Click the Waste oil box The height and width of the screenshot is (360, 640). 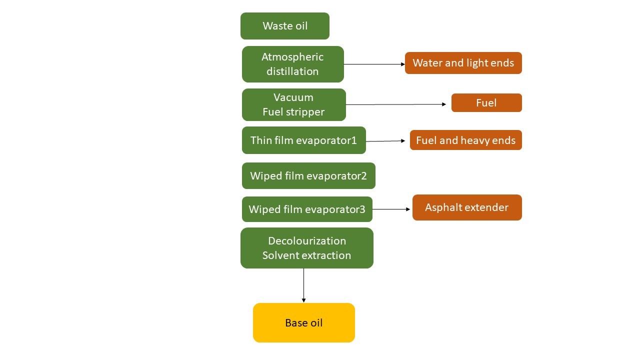pos(285,26)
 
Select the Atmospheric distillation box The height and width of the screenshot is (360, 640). pos(293,64)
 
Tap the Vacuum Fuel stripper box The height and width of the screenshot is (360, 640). pos(294,104)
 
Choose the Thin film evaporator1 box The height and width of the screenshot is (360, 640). pos(303,140)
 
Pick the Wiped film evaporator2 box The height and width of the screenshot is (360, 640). pos(308,175)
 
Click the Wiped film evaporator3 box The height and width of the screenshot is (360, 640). pos(307,209)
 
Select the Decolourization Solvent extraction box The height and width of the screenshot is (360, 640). pos(307,248)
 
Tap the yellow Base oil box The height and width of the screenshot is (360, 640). pos(304,322)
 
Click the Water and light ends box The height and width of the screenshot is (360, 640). pos(463,63)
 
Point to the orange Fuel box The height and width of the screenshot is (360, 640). pos(486,102)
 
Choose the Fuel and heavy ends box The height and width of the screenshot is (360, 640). pos(465,140)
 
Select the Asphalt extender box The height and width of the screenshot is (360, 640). pos(467,207)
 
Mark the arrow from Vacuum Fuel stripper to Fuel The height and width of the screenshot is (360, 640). pos(395,104)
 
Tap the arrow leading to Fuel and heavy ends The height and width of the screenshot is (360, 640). pos(385,141)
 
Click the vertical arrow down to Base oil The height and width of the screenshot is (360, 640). pos(303,285)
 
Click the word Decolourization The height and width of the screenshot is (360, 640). pos(307,241)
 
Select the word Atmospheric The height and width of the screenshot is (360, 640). pos(292,57)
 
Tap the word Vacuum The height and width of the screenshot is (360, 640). pos(293,97)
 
